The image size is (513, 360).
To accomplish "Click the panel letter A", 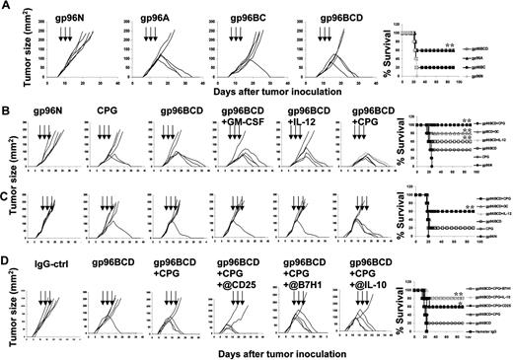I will tap(7, 7).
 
